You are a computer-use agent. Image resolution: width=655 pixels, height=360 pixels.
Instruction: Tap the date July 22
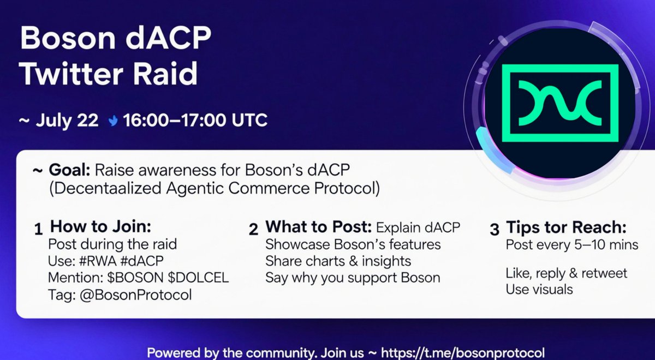click(x=67, y=120)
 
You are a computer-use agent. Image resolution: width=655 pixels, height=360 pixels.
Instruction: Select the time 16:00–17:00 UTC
click(x=195, y=120)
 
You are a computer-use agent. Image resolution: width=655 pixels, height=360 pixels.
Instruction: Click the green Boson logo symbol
click(x=560, y=100)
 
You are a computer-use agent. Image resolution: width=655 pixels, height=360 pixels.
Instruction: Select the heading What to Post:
click(x=318, y=227)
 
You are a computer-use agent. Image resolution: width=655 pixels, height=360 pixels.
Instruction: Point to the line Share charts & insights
click(x=338, y=261)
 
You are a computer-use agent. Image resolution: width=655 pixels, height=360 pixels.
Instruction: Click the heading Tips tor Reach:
click(x=566, y=227)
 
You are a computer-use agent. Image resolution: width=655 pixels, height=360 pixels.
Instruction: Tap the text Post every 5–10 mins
click(x=572, y=244)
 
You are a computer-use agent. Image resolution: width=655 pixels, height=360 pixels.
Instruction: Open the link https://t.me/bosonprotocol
click(x=462, y=352)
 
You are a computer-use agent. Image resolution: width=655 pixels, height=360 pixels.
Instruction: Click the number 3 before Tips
click(x=495, y=229)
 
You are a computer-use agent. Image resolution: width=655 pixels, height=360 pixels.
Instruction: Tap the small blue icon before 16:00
click(x=112, y=120)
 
